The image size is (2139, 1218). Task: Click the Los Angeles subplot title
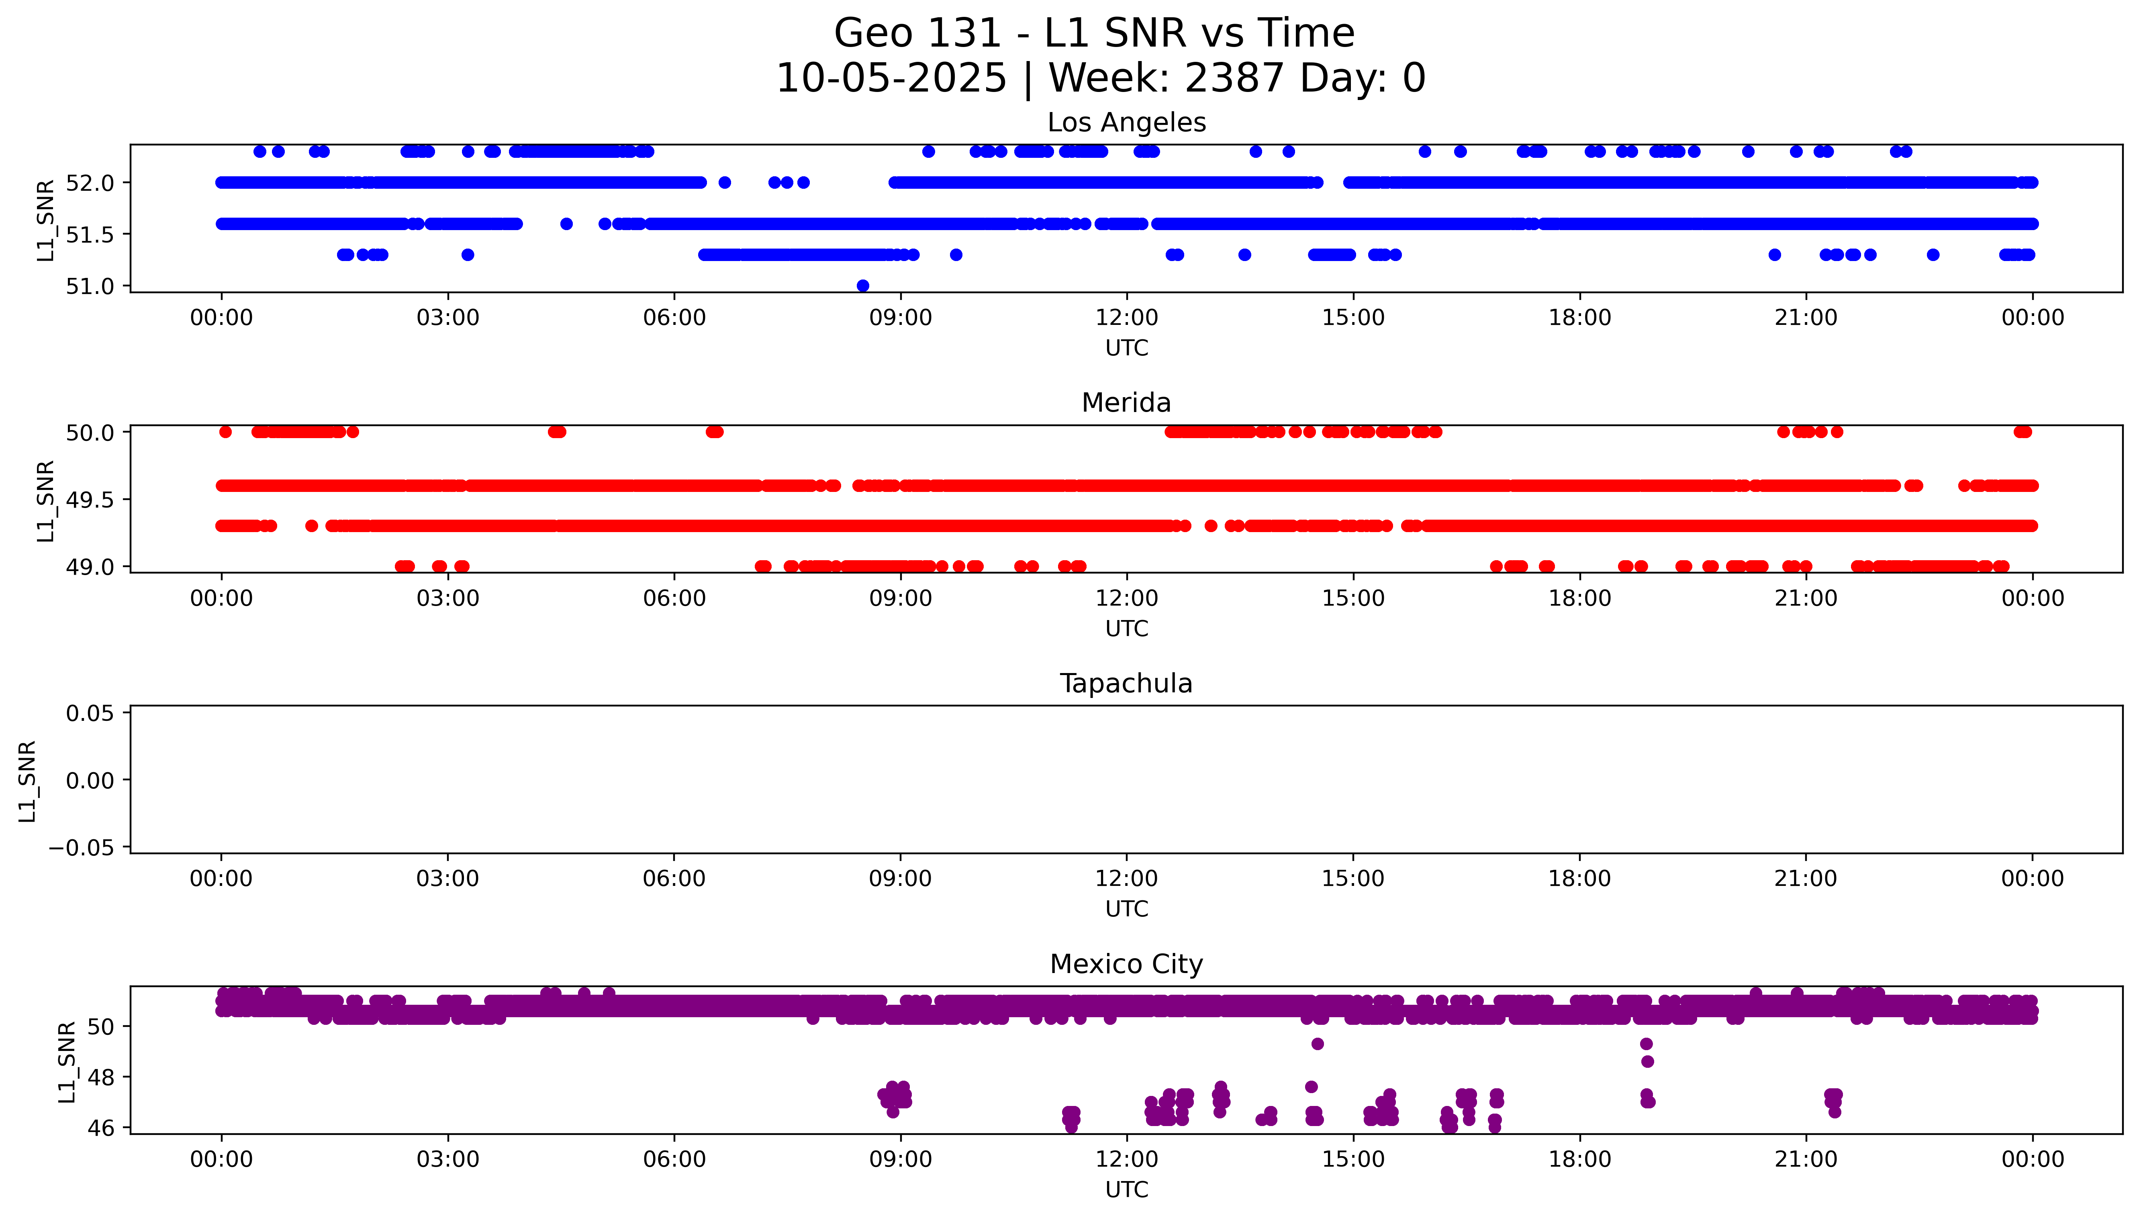pyautogui.click(x=1126, y=123)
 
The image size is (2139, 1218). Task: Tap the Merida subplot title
pyautogui.click(x=1126, y=403)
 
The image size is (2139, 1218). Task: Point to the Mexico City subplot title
pyautogui.click(x=1126, y=965)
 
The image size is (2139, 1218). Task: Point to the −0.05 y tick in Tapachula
pyautogui.click(x=81, y=848)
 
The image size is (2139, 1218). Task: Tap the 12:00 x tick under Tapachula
pyautogui.click(x=1127, y=879)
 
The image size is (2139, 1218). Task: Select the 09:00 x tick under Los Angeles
pyautogui.click(x=900, y=318)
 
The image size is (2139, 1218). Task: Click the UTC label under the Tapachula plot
pyautogui.click(x=1126, y=909)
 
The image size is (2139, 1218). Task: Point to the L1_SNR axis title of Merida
pyautogui.click(x=46, y=500)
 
